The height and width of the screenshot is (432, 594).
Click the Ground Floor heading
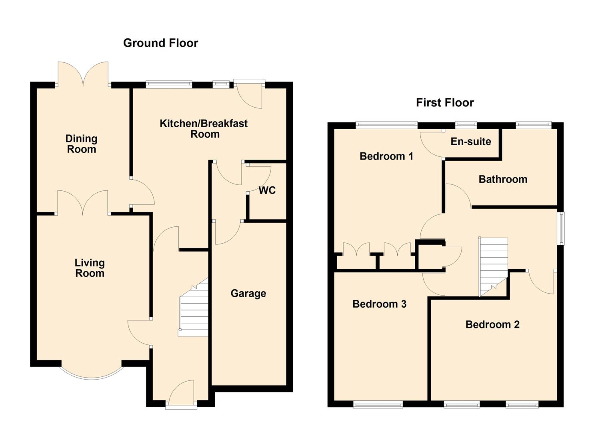point(160,43)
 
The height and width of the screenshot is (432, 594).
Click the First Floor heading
point(444,103)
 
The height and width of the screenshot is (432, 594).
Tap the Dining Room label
point(81,144)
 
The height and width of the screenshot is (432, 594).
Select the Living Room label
point(90,268)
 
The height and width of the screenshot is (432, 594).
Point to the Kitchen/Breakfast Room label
point(204,129)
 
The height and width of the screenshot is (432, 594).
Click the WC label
point(267,190)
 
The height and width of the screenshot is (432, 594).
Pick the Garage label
point(248,294)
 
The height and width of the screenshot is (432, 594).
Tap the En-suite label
point(470,142)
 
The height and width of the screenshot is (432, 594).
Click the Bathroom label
point(503,179)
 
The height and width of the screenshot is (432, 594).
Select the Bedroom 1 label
point(386,156)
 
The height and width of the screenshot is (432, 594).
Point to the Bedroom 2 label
point(492,324)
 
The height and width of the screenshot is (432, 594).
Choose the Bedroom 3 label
point(379,304)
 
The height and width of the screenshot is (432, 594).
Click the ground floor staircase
point(194,308)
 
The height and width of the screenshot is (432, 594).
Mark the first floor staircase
point(493,266)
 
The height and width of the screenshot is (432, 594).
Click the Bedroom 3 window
point(378,405)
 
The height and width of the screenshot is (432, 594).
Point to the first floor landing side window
point(562,228)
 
